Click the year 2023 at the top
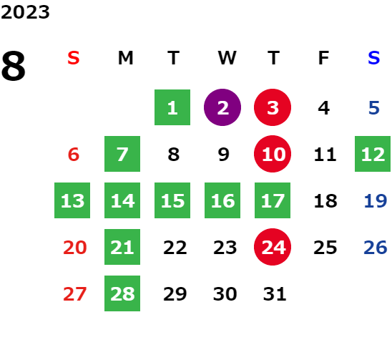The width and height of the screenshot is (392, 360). tap(25, 12)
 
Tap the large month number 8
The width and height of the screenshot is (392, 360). tap(14, 66)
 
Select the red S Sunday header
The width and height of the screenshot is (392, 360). tap(74, 58)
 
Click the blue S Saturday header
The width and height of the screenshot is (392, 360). tap(374, 58)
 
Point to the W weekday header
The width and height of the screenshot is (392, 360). tap(227, 58)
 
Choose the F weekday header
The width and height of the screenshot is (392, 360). tap(324, 58)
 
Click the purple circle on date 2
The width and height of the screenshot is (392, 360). tap(222, 107)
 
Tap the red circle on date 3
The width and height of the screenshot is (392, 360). tap(273, 107)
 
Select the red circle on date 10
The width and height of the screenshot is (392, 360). tap(273, 154)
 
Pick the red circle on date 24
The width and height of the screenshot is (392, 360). tap(273, 247)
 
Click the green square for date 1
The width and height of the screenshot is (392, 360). tap(172, 107)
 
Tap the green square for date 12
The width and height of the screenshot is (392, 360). tap(373, 154)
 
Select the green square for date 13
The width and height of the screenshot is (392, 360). tap(72, 200)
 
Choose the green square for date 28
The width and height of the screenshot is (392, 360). tap(122, 293)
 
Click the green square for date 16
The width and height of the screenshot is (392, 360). tap(222, 200)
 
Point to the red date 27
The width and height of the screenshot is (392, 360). tap(74, 293)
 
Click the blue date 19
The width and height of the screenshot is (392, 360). tap(376, 200)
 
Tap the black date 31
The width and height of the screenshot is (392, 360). tap(275, 293)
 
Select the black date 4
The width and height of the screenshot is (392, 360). tap(324, 108)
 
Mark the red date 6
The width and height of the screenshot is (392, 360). tap(74, 154)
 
